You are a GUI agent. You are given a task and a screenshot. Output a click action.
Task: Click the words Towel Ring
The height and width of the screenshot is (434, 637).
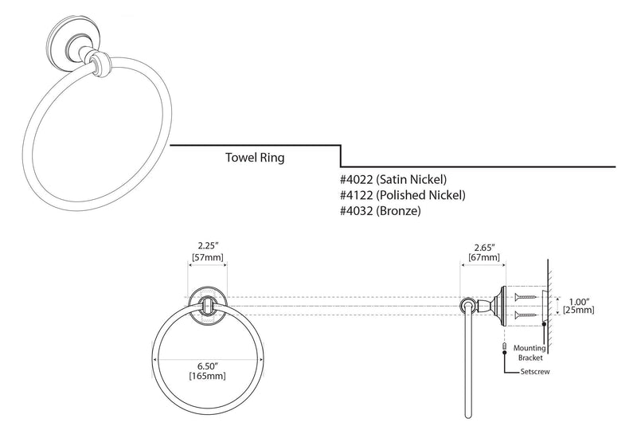(255, 157)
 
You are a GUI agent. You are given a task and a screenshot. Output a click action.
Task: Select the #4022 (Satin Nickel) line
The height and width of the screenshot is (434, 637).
(393, 179)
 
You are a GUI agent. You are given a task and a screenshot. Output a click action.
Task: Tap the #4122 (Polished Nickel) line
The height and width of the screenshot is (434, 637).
(403, 195)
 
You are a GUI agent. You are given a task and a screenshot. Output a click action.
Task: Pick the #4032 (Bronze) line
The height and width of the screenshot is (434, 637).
(381, 211)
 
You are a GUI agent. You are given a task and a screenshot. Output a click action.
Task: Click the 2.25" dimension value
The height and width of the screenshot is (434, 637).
(208, 245)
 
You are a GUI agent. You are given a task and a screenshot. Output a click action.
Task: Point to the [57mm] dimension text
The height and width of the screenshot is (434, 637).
(208, 257)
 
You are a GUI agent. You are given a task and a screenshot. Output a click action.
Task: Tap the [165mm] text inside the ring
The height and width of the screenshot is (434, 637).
(207, 376)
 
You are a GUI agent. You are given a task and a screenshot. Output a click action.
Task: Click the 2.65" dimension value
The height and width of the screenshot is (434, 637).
(484, 248)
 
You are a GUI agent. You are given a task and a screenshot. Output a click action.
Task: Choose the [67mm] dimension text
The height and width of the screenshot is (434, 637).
(484, 258)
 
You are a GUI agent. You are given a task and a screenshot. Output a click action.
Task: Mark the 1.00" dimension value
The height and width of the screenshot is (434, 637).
(579, 302)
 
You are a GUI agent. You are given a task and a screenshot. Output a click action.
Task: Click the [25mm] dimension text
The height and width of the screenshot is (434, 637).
(579, 311)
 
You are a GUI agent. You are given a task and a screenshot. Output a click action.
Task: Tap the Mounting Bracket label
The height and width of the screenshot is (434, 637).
(530, 353)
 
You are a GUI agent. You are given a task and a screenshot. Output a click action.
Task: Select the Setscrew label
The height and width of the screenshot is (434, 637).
(535, 371)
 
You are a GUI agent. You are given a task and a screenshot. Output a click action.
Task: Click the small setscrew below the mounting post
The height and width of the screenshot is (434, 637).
(505, 346)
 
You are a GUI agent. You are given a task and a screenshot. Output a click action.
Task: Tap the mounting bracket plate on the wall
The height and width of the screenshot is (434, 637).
(544, 306)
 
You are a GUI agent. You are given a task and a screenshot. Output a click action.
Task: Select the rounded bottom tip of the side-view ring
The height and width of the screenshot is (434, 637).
(468, 416)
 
